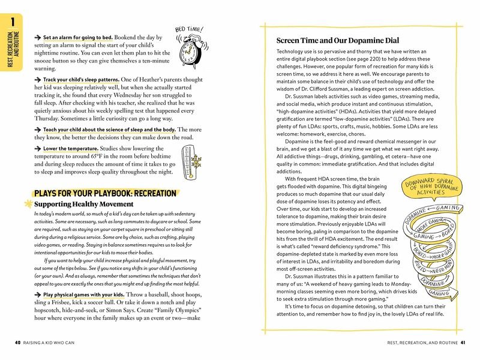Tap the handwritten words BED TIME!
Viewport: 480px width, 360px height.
[x=188, y=29]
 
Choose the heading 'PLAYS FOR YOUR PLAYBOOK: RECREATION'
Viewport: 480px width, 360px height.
[x=106, y=194]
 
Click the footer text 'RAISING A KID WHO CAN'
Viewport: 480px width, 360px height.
[x=53, y=343]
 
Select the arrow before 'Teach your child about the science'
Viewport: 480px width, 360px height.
[x=38, y=130]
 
